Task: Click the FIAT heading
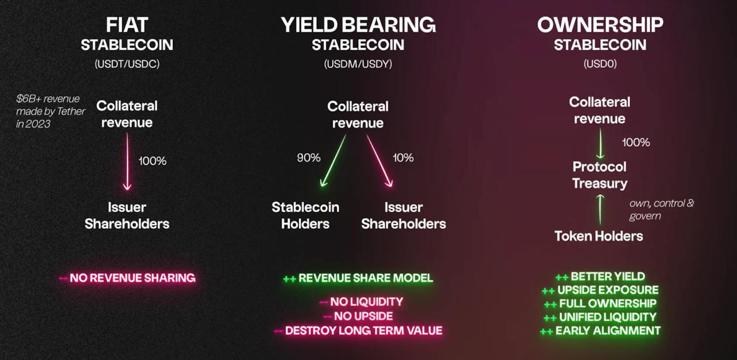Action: point(127,25)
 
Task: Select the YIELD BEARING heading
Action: point(358,25)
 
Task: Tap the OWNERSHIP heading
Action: point(600,25)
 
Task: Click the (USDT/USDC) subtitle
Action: point(127,63)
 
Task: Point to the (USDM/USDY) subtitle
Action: point(358,63)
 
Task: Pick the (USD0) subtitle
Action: point(600,63)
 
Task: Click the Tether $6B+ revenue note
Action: point(50,111)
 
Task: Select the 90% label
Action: point(309,158)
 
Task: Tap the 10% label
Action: point(403,158)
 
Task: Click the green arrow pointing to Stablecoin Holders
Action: point(333,161)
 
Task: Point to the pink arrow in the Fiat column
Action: point(127,162)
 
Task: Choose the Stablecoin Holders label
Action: point(305,215)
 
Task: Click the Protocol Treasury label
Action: point(600,175)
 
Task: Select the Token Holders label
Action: point(599,236)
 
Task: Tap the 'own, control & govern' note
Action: point(662,210)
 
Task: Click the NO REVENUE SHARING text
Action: point(132,278)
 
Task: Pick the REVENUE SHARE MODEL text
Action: point(366,278)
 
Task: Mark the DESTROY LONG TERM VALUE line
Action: point(363,331)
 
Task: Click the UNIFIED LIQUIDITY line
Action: point(607,317)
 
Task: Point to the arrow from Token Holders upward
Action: point(601,210)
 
